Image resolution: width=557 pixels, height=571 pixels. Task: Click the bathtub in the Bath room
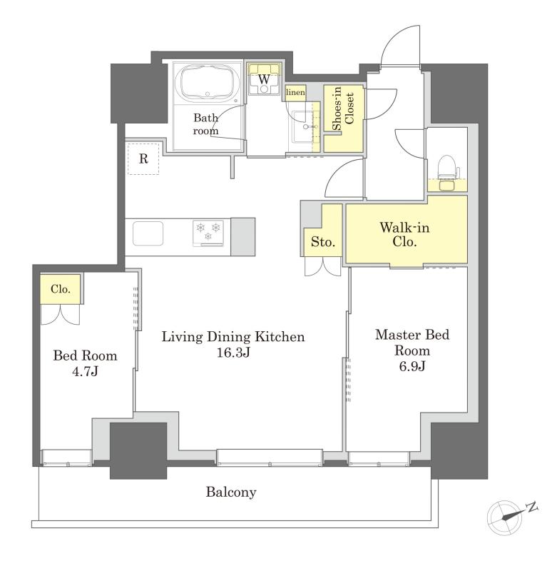207,84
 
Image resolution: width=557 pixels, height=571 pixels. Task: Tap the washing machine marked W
264,79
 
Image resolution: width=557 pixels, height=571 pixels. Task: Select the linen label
295,93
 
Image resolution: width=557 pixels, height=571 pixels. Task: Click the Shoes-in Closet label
343,108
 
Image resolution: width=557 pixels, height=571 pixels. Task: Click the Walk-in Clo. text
404,235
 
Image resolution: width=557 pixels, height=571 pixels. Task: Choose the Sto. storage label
322,242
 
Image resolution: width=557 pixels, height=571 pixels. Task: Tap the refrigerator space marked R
143,158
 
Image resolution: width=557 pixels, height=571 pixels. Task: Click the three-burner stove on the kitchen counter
208,233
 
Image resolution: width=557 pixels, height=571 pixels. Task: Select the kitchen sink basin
148,233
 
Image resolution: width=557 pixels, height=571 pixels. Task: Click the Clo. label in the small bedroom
61,289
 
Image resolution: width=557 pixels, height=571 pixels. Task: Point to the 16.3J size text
233,353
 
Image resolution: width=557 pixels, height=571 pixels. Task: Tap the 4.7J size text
85,371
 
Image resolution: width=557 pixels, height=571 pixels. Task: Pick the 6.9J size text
412,366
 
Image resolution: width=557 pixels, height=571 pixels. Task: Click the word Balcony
231,492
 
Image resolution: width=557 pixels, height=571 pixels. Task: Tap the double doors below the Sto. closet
322,266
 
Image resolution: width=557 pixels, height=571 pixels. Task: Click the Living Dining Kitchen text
233,336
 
